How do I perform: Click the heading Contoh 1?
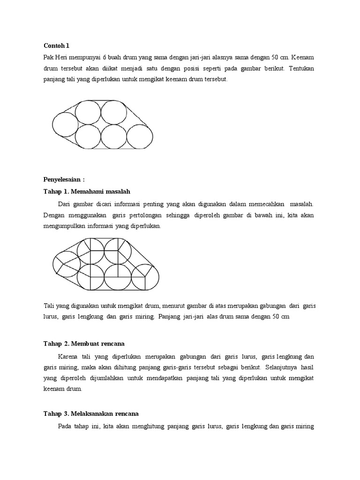tap(56, 45)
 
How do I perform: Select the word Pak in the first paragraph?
tap(48, 57)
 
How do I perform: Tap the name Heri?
tap(63, 57)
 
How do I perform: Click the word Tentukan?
tap(302, 68)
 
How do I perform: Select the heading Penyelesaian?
tap(64, 180)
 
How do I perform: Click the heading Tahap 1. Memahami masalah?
tap(87, 191)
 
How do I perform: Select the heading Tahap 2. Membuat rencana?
tap(84, 344)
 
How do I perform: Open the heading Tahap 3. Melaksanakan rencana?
tap(91, 414)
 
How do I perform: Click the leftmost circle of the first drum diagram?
tap(65, 126)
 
